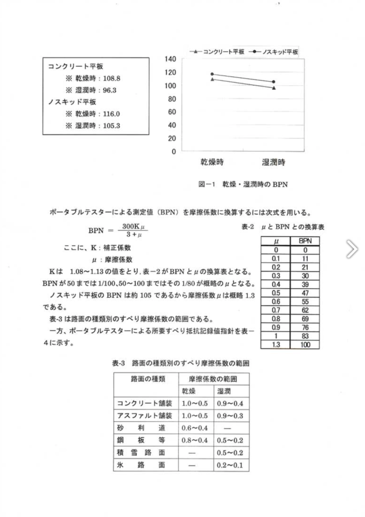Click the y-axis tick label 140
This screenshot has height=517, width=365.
[x=170, y=60]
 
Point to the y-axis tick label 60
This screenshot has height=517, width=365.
[x=172, y=112]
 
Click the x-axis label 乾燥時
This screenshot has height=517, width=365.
[x=213, y=163]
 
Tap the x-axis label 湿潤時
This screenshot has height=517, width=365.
[x=274, y=163]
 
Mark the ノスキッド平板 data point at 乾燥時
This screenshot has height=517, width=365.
[x=213, y=74]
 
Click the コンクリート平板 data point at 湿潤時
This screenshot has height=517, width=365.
[x=274, y=88]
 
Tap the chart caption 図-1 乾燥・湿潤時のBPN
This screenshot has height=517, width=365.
[x=243, y=185]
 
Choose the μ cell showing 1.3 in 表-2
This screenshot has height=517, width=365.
[x=276, y=344]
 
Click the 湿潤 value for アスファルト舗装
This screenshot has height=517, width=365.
[x=230, y=416]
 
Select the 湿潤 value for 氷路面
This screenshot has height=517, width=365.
[x=230, y=464]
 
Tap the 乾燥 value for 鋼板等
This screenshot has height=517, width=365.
[x=194, y=440]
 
